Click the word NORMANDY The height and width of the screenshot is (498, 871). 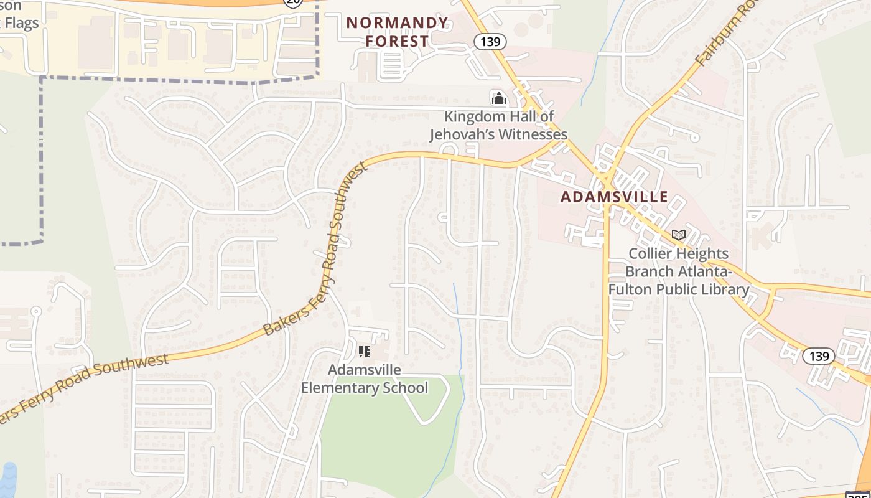tap(397, 23)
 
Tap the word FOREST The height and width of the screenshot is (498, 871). tap(397, 42)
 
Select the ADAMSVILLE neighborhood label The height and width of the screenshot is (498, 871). tap(614, 197)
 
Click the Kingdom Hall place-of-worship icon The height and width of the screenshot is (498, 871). tap(498, 98)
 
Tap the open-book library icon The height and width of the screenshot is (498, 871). tap(679, 235)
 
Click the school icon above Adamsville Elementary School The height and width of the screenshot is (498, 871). tap(365, 352)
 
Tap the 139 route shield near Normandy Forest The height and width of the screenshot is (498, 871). tap(490, 42)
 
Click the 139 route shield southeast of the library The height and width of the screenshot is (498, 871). tap(819, 356)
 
